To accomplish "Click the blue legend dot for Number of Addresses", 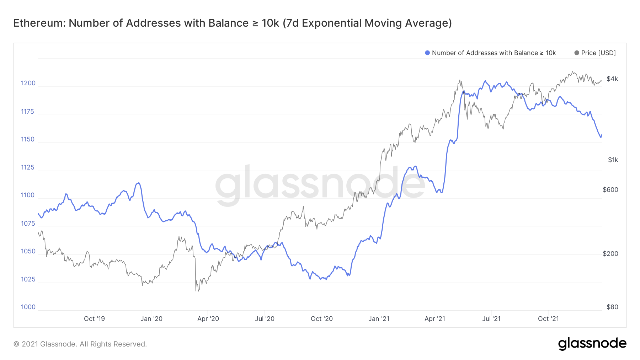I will pos(427,53).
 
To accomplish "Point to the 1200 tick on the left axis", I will pos(28,83).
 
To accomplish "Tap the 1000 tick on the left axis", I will pos(28,307).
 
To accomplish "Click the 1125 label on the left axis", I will pos(28,167).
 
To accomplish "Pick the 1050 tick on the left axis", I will pos(28,251).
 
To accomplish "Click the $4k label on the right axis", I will pos(612,79).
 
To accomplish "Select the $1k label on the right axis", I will pos(613,160).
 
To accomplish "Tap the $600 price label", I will pos(610,190).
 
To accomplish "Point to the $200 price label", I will pos(610,254).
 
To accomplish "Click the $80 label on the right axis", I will pos(612,307).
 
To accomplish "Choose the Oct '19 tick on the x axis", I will pos(94,319).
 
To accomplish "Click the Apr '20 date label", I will pos(208,319).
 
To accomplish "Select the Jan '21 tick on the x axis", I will pos(379,319).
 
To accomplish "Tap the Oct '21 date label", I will pos(548,319).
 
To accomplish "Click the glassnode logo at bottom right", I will pos(592,344).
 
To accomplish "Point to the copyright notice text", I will pos(80,344).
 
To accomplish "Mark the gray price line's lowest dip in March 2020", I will pos(196,291).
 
